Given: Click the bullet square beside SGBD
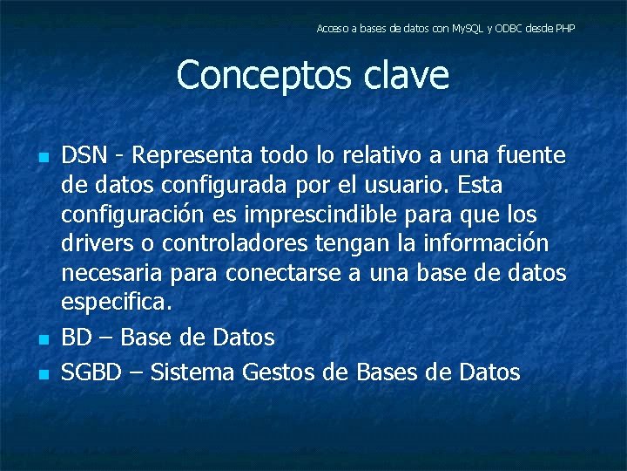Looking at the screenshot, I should pyautogui.click(x=41, y=376).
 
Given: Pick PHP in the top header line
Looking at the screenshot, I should pyautogui.click(x=564, y=29).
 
